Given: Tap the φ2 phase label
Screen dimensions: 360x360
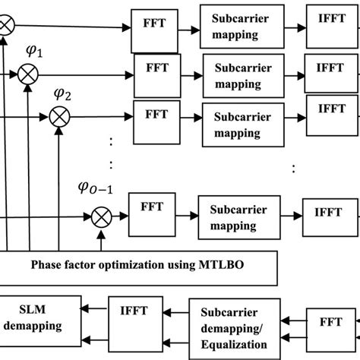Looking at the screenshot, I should click(x=63, y=95).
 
